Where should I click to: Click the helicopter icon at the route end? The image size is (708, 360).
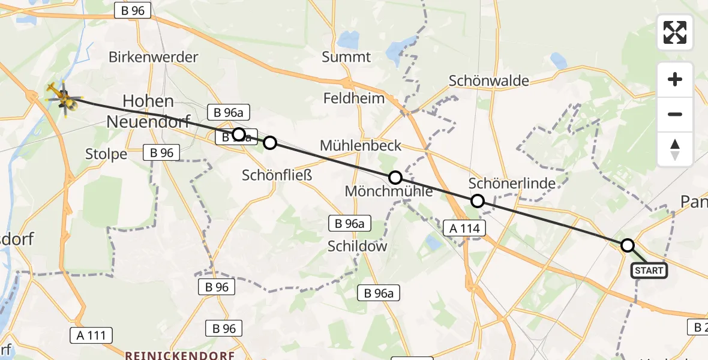[x=63, y=98]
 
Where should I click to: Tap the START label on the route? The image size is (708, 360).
[x=649, y=271]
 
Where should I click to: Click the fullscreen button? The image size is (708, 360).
[x=675, y=32]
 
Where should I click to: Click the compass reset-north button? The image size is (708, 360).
[x=675, y=149]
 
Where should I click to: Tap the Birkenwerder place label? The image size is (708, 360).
[x=153, y=58]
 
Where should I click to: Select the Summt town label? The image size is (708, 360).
[x=346, y=58]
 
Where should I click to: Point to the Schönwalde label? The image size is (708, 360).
[x=489, y=81]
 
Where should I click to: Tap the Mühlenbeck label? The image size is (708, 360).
[x=361, y=145]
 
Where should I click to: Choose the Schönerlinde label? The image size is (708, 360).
[x=512, y=184]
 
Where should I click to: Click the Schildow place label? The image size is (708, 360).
[x=358, y=246]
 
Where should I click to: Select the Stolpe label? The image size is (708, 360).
[x=107, y=154]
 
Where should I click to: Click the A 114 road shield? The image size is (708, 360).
[x=463, y=227]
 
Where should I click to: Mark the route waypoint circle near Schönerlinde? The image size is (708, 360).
[x=478, y=201]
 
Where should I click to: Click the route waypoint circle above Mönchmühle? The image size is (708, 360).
[x=395, y=178]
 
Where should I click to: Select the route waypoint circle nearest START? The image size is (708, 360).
[x=627, y=245]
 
